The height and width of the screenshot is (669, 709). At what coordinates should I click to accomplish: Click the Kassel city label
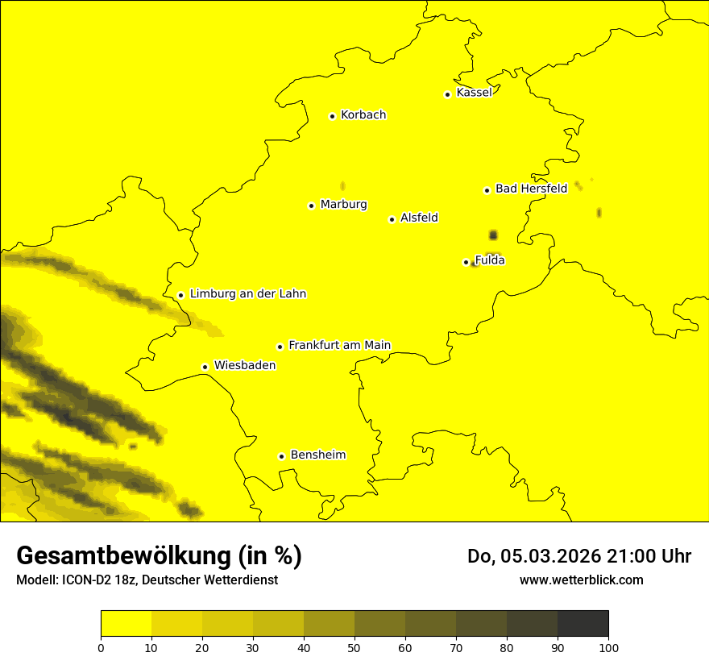pyautogui.click(x=474, y=93)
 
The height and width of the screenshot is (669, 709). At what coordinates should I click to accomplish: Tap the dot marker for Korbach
pyautogui.click(x=332, y=116)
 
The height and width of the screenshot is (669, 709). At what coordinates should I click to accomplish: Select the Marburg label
pyautogui.click(x=343, y=205)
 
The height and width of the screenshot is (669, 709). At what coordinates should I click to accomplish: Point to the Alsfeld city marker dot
pyautogui.click(x=392, y=219)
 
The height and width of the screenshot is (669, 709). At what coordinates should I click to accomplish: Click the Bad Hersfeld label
pyautogui.click(x=531, y=189)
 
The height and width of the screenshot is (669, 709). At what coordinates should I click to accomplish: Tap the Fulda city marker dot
pyautogui.click(x=466, y=262)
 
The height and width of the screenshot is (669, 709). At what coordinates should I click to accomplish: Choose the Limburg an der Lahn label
pyautogui.click(x=248, y=294)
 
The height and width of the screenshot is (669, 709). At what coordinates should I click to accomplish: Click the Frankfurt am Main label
pyautogui.click(x=339, y=345)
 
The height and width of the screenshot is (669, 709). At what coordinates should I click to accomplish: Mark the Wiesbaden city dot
pyautogui.click(x=205, y=367)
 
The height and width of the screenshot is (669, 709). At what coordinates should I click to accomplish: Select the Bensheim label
pyautogui.click(x=317, y=455)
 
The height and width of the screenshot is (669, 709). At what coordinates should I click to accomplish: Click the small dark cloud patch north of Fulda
pyautogui.click(x=493, y=235)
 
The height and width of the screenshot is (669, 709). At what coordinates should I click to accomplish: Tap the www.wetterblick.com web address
pyautogui.click(x=582, y=580)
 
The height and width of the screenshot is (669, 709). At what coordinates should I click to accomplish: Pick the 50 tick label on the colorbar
pyautogui.click(x=354, y=647)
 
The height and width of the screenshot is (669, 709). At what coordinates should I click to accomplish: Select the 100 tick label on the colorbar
pyautogui.click(x=608, y=647)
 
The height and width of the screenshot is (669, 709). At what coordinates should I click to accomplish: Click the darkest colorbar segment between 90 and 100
pyautogui.click(x=583, y=624)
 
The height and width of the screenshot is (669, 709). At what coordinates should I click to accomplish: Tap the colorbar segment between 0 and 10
pyautogui.click(x=126, y=624)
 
